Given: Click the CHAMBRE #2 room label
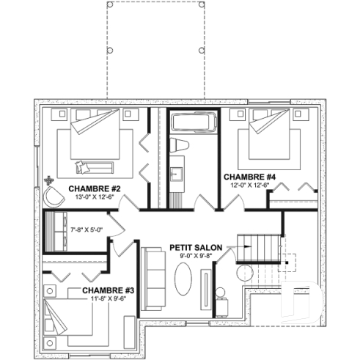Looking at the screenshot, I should click(95, 188).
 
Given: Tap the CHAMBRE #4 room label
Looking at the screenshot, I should click(249, 177).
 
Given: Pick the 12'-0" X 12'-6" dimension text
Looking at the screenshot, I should click(249, 186).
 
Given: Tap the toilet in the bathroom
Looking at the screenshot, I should click(180, 145).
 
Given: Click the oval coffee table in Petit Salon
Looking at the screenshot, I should click(183, 279).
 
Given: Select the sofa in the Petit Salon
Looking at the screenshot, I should click(153, 279).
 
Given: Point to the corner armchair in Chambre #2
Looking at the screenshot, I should click(54, 196).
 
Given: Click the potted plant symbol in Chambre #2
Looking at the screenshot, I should click(49, 180).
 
